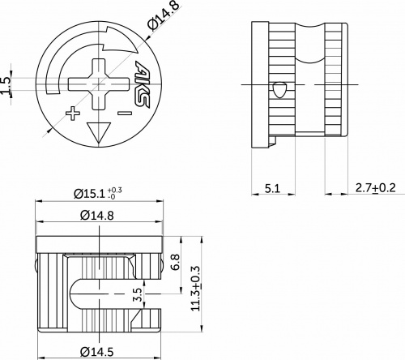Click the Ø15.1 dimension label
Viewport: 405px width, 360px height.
(91, 194)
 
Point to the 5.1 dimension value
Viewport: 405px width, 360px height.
(273, 188)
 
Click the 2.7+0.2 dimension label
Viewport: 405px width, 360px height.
(376, 188)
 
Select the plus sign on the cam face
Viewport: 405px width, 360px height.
(73, 112)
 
